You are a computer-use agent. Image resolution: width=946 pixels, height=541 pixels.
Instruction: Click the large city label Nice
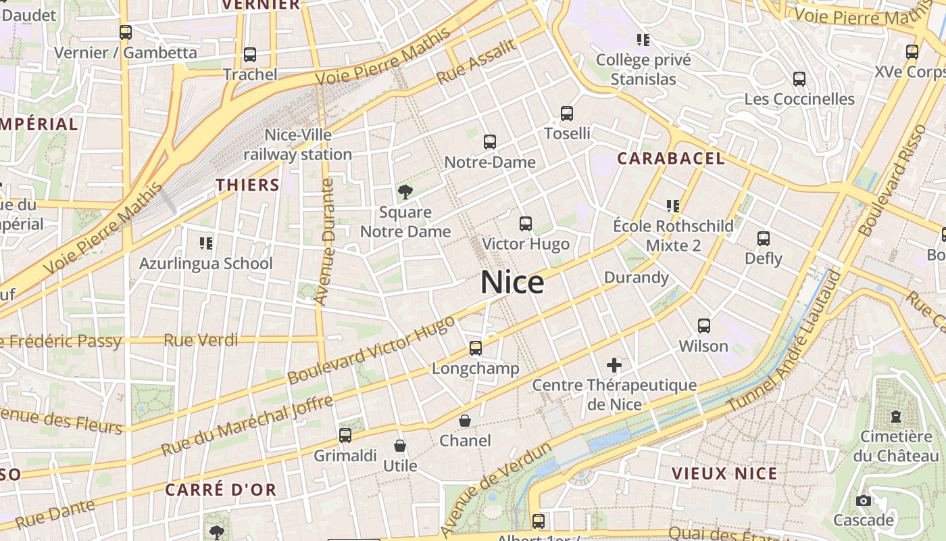(x=512, y=282)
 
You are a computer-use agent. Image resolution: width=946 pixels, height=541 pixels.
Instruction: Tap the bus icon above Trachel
(x=250, y=55)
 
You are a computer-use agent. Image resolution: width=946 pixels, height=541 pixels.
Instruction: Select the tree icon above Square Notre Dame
(x=405, y=192)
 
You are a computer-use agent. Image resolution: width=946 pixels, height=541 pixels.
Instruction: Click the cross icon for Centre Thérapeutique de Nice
(x=614, y=366)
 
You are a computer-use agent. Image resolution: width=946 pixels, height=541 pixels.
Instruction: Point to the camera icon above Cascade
(x=863, y=501)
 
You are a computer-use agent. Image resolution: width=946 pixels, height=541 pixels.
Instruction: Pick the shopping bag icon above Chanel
(x=465, y=421)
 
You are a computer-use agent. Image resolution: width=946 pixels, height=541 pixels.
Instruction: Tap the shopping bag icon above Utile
(x=400, y=446)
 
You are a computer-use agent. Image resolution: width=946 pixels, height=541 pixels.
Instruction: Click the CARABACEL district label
(x=670, y=159)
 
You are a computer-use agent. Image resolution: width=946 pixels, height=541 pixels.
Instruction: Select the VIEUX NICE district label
(x=724, y=473)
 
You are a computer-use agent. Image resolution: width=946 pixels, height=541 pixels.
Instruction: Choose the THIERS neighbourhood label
(x=247, y=185)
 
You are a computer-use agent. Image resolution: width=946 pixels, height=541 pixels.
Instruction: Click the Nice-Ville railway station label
(x=298, y=145)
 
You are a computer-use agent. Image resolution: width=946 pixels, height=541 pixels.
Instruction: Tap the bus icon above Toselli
(x=567, y=114)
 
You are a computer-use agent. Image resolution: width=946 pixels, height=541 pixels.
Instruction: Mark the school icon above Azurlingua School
(x=206, y=243)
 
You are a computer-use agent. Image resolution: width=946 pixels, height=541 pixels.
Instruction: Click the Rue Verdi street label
(x=201, y=340)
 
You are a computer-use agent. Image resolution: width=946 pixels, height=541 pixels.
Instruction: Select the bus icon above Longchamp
(x=476, y=348)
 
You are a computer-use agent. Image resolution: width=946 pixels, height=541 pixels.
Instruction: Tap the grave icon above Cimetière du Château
(x=896, y=416)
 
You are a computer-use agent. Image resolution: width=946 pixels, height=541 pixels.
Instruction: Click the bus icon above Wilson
(x=704, y=326)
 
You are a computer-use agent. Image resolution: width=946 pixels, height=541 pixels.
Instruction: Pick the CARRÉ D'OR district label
(x=220, y=490)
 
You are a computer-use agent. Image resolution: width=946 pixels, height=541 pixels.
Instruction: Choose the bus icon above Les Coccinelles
(x=799, y=79)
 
